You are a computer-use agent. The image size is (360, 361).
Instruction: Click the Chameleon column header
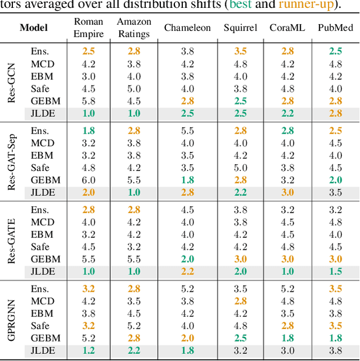click(187, 28)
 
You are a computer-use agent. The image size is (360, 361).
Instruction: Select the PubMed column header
click(335, 28)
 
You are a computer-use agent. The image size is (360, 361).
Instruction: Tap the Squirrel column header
click(240, 28)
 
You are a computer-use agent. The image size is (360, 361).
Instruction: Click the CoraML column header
click(287, 28)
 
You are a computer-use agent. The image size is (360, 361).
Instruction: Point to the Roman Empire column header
click(88, 28)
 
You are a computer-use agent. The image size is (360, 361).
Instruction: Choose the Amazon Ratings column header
click(134, 28)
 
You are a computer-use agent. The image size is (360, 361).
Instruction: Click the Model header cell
click(34, 28)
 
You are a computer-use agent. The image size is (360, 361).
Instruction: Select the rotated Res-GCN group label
click(12, 82)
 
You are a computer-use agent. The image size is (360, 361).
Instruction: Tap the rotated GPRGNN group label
click(12, 319)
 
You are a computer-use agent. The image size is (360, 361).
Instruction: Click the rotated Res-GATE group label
click(12, 240)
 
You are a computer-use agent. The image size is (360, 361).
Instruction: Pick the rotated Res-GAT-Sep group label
click(12, 161)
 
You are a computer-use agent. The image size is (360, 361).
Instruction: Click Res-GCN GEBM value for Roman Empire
click(88, 101)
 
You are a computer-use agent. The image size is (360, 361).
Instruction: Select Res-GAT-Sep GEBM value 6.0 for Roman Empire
click(88, 180)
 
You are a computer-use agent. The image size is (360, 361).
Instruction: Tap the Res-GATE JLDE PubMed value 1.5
click(335, 272)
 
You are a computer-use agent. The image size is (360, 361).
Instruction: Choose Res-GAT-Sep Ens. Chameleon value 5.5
click(187, 130)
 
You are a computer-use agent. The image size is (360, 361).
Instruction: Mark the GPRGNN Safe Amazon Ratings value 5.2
click(134, 326)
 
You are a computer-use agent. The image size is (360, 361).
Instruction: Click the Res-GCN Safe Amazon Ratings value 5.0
click(134, 88)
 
